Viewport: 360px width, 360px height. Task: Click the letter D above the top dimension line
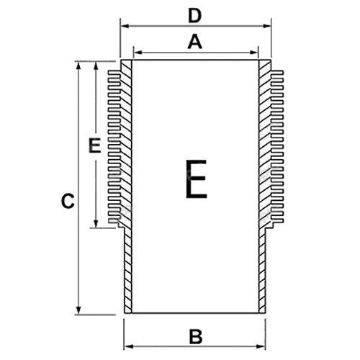(194, 17)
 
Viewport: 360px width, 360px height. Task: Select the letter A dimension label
(195, 42)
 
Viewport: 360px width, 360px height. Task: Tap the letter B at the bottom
(196, 337)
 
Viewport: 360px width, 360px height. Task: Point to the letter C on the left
(68, 201)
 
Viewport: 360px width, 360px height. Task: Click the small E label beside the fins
(94, 145)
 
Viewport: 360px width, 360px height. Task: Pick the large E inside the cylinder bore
(197, 179)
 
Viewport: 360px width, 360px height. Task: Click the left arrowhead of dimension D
(125, 26)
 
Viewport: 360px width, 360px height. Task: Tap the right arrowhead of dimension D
(267, 26)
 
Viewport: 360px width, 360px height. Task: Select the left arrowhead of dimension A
(138, 53)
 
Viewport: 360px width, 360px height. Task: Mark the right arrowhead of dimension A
(254, 53)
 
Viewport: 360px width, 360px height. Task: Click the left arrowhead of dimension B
(128, 346)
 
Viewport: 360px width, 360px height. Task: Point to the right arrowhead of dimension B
(261, 346)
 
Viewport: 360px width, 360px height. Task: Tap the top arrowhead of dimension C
(78, 66)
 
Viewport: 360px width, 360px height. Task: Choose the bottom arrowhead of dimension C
(78, 310)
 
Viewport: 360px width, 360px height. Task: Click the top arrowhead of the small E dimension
(96, 66)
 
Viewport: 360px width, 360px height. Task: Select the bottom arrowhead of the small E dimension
(96, 223)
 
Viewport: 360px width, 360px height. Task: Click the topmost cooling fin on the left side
(114, 72)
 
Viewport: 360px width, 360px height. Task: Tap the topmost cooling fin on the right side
(276, 72)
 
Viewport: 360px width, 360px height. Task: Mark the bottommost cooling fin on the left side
(114, 221)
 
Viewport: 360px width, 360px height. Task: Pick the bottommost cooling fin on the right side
(276, 221)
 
